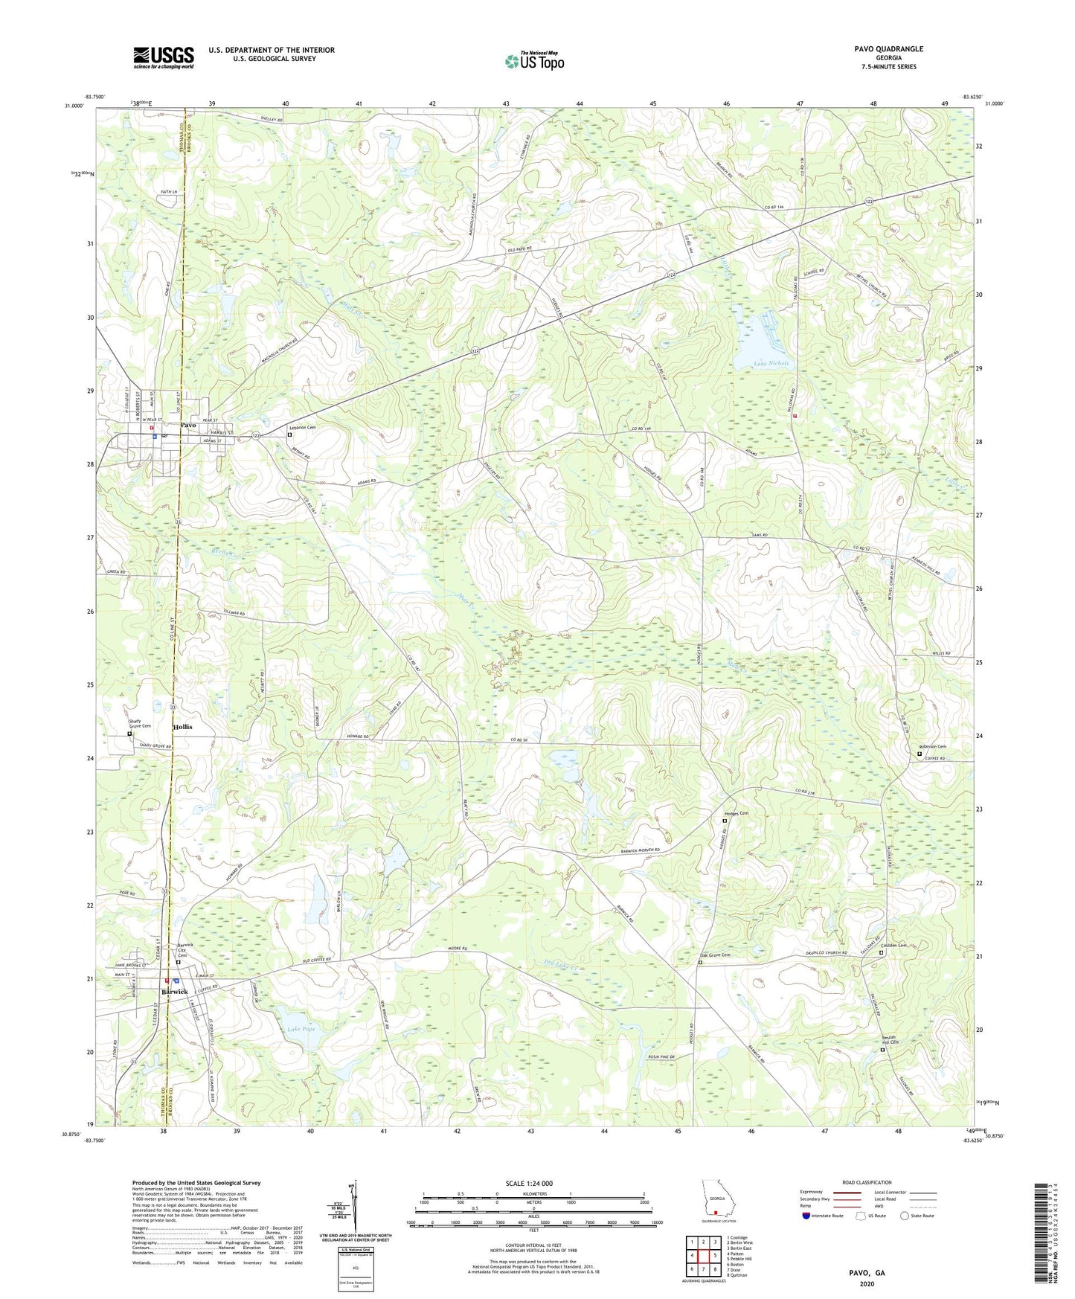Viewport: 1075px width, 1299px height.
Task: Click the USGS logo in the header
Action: [164, 57]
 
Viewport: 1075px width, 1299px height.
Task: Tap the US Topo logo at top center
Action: [534, 61]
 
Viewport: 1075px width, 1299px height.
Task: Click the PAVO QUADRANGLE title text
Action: [888, 49]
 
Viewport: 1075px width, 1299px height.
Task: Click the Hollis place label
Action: [182, 727]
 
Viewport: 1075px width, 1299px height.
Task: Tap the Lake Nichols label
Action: [760, 364]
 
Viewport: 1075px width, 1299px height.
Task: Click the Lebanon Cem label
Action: [302, 428]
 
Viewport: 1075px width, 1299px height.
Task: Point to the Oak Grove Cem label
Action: [715, 955]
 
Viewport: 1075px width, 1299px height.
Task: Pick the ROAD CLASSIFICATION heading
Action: [867, 1182]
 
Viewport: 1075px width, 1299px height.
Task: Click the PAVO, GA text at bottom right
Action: [867, 1273]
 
